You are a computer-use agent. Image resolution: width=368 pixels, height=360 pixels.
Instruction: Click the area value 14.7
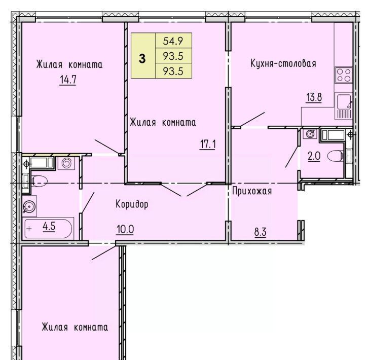point(68,80)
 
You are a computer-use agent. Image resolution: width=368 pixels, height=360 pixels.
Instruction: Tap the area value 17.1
point(207,144)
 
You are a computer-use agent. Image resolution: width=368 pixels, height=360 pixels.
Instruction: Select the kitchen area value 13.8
point(314,97)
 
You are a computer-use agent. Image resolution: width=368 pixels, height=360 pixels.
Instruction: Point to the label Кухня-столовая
point(283,63)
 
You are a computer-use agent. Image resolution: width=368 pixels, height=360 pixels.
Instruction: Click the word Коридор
point(132,204)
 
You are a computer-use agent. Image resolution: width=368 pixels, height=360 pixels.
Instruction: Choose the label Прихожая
point(252,191)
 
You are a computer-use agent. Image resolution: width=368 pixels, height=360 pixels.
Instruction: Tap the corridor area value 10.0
point(125,229)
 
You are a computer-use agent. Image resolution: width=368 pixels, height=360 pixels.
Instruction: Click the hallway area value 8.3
point(260,232)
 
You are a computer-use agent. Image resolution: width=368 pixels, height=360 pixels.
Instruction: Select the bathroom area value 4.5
point(49,227)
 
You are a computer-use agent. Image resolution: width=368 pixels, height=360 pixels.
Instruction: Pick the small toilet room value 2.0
point(314,156)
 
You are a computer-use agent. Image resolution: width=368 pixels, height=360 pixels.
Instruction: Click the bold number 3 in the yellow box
point(142,58)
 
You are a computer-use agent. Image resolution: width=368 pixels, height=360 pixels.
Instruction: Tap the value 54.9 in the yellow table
point(173,41)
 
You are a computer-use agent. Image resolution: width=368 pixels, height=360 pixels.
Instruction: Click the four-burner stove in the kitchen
point(344,75)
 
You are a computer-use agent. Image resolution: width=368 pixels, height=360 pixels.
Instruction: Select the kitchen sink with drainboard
point(344,106)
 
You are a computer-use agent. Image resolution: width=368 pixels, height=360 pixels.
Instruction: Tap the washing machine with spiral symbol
point(66,163)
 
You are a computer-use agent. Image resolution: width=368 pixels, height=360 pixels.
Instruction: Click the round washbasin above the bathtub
point(29,207)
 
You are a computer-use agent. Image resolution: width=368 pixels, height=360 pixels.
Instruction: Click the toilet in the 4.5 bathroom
point(39,181)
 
